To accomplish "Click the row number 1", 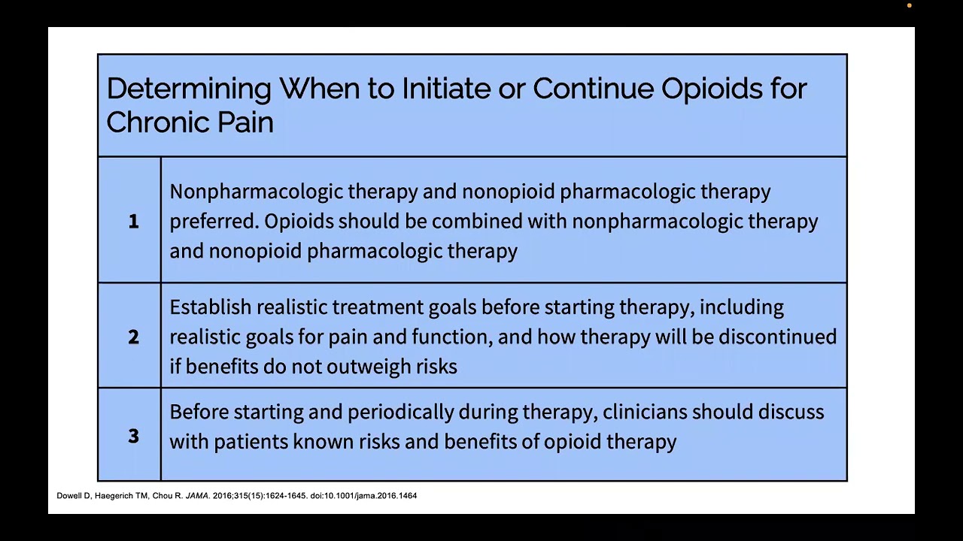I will pyautogui.click(x=133, y=221).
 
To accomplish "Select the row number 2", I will pyautogui.click(x=133, y=337).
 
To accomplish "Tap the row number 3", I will pyautogui.click(x=133, y=436).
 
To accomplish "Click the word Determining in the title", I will pyautogui.click(x=188, y=89).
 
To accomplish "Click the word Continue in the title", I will pyautogui.click(x=593, y=89).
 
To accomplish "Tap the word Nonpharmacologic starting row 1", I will pyautogui.click(x=256, y=192).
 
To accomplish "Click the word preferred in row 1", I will pyautogui.click(x=214, y=222).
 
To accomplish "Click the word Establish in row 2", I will pyautogui.click(x=210, y=307).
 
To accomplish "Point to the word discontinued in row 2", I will pyautogui.click(x=777, y=337).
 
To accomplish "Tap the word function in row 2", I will pyautogui.click(x=451, y=337).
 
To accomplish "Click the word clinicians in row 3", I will pyautogui.click(x=644, y=412).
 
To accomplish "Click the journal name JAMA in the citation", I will pyautogui.click(x=197, y=496).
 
